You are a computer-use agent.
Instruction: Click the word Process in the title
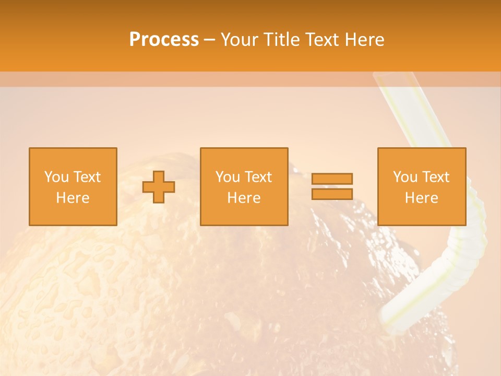164,40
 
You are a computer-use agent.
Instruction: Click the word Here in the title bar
365,40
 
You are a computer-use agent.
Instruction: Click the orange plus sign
159,187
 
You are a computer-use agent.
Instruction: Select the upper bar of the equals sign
332,179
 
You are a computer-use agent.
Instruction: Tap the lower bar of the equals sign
332,194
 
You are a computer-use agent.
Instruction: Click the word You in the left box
56,177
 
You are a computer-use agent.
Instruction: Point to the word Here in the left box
73,198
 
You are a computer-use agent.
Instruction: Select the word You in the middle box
228,177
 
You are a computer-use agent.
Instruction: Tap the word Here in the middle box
244,198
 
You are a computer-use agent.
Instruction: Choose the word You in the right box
405,177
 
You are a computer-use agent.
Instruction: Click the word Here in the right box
421,198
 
